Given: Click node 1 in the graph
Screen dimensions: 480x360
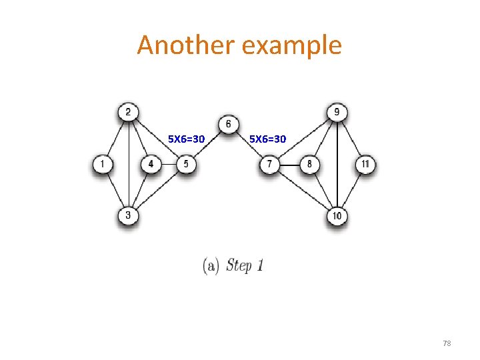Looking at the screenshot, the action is click(103, 164).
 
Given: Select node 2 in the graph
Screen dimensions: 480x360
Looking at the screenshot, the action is click(127, 111).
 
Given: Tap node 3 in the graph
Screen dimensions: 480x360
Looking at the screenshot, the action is click(127, 215).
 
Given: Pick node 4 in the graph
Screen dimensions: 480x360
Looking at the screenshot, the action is click(151, 164).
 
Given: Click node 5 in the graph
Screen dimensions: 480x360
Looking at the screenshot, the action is click(186, 164).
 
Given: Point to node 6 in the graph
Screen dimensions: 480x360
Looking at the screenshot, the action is click(229, 125).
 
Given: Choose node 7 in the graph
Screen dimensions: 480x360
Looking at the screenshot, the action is click(269, 164).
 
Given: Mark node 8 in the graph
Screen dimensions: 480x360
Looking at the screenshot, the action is click(309, 164).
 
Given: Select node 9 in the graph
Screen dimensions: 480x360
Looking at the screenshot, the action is click(337, 111).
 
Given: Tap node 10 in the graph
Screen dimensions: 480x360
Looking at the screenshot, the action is click(337, 216).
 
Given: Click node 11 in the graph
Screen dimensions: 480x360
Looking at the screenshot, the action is click(365, 164).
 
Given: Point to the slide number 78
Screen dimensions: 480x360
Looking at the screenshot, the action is click(447, 343).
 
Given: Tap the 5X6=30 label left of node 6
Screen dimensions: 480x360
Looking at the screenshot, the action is click(186, 139).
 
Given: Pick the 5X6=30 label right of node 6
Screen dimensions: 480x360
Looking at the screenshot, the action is click(267, 139).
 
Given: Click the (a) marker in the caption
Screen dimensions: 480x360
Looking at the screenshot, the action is click(211, 265).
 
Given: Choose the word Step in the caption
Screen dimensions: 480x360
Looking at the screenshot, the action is click(239, 265).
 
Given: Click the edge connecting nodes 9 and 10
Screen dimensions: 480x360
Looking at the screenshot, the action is click(337, 163).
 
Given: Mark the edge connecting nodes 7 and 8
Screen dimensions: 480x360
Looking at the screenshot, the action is click(289, 164).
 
